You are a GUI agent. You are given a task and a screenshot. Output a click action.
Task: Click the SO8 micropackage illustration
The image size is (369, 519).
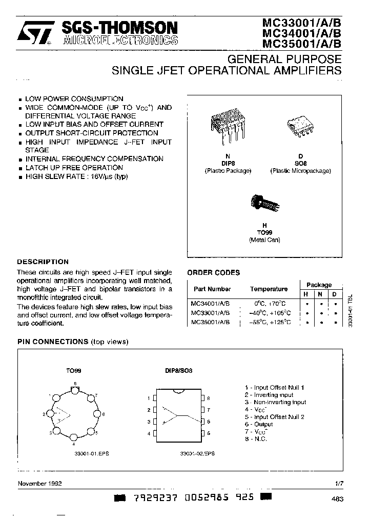click(300, 126)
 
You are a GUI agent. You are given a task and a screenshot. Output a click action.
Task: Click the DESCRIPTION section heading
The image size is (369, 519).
click(43, 262)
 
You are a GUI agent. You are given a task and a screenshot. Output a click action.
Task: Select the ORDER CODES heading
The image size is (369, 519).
click(213, 273)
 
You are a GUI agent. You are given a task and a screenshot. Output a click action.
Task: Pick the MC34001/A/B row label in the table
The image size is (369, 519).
click(210, 304)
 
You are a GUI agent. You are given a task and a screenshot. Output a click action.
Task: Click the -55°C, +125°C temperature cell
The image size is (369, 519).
click(270, 323)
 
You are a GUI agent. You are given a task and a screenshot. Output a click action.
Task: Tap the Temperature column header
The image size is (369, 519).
click(269, 289)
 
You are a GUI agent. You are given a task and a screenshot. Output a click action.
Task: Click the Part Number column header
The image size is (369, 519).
click(212, 289)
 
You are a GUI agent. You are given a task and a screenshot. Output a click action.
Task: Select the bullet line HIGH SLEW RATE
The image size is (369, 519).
click(76, 176)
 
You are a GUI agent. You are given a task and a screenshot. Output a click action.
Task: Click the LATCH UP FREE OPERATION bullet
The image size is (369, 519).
click(74, 168)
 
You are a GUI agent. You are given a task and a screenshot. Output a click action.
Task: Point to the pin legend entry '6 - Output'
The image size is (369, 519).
click(259, 424)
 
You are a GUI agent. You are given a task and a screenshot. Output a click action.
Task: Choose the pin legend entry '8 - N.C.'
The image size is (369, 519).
click(256, 439)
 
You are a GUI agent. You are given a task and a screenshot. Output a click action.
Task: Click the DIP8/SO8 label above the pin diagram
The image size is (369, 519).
click(179, 370)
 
